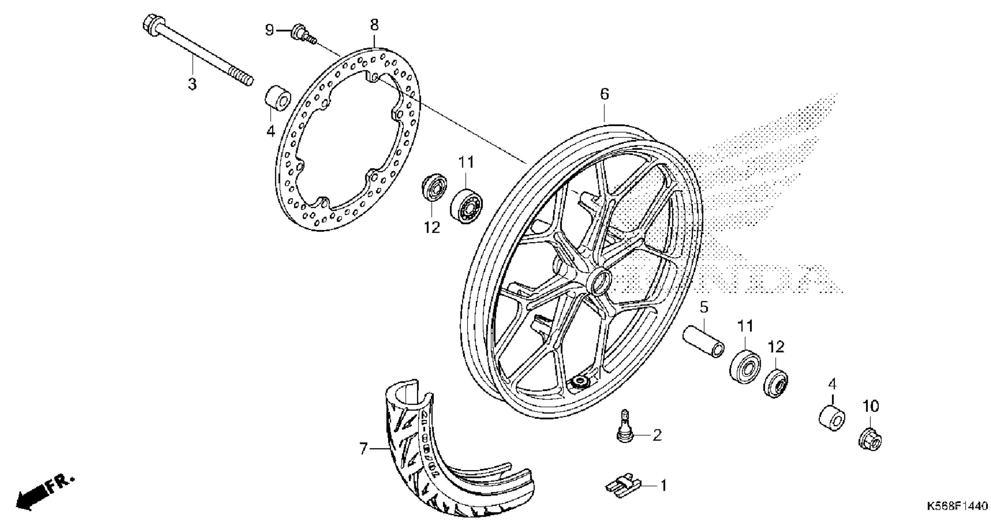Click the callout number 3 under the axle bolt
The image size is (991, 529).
coord(192,84)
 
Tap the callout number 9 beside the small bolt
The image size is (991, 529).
coord(270,29)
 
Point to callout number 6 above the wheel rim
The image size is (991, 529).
coord(604,94)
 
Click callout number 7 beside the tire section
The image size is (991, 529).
coord(363,449)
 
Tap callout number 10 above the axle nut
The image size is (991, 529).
coord(871,406)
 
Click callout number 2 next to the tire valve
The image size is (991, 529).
coord(657,435)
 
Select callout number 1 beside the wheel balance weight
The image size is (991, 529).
coord(663,485)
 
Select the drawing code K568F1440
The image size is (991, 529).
coord(957,517)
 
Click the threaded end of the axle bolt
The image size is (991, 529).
coord(241,76)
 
